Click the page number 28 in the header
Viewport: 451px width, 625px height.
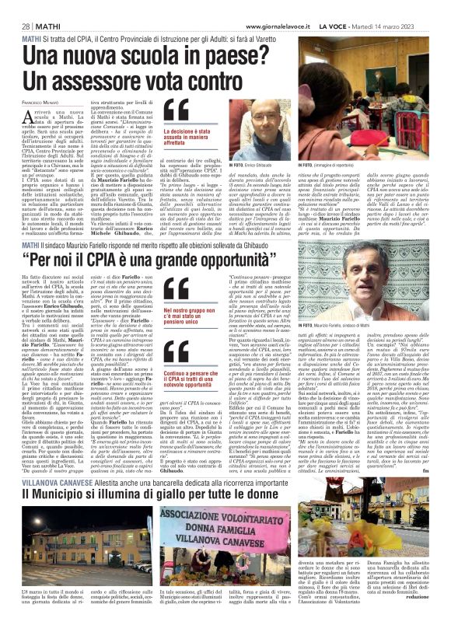(x=16, y=7)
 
